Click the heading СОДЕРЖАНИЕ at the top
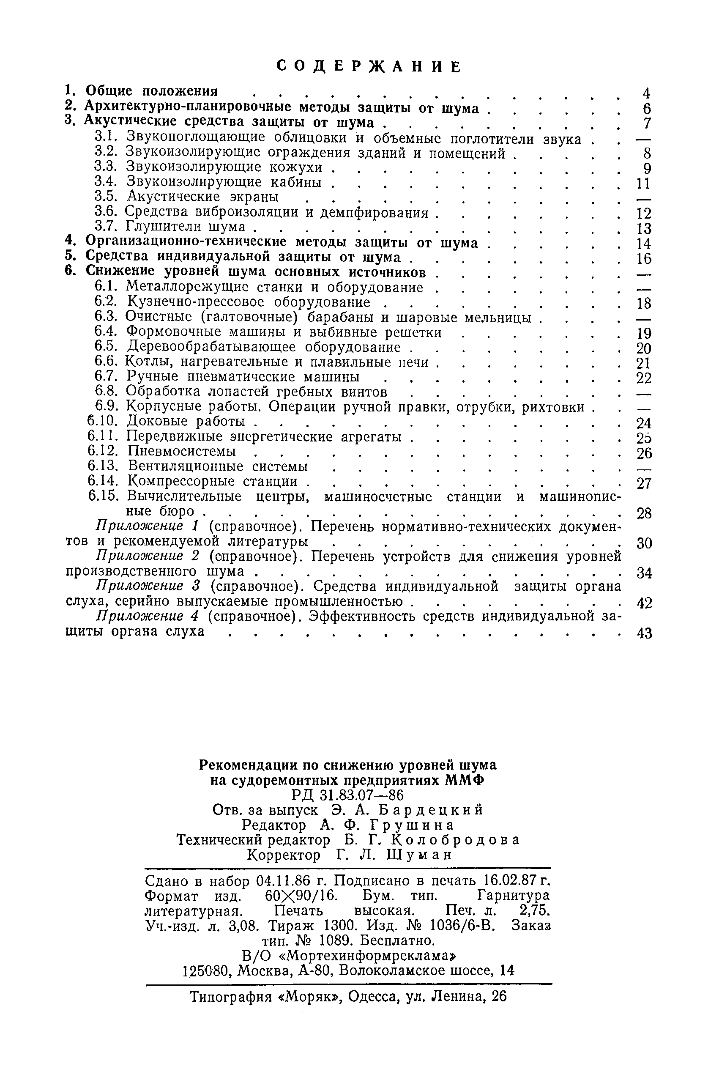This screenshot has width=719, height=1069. coord(369,66)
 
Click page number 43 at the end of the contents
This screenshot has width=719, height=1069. coord(644,634)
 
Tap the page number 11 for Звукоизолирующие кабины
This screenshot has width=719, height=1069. coord(644,184)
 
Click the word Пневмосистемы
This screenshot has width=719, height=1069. coord(182,451)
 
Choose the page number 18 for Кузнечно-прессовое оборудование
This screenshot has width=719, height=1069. coord(644,303)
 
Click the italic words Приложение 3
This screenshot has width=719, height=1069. coord(147,587)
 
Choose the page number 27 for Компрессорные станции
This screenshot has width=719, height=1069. coord(644,483)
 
